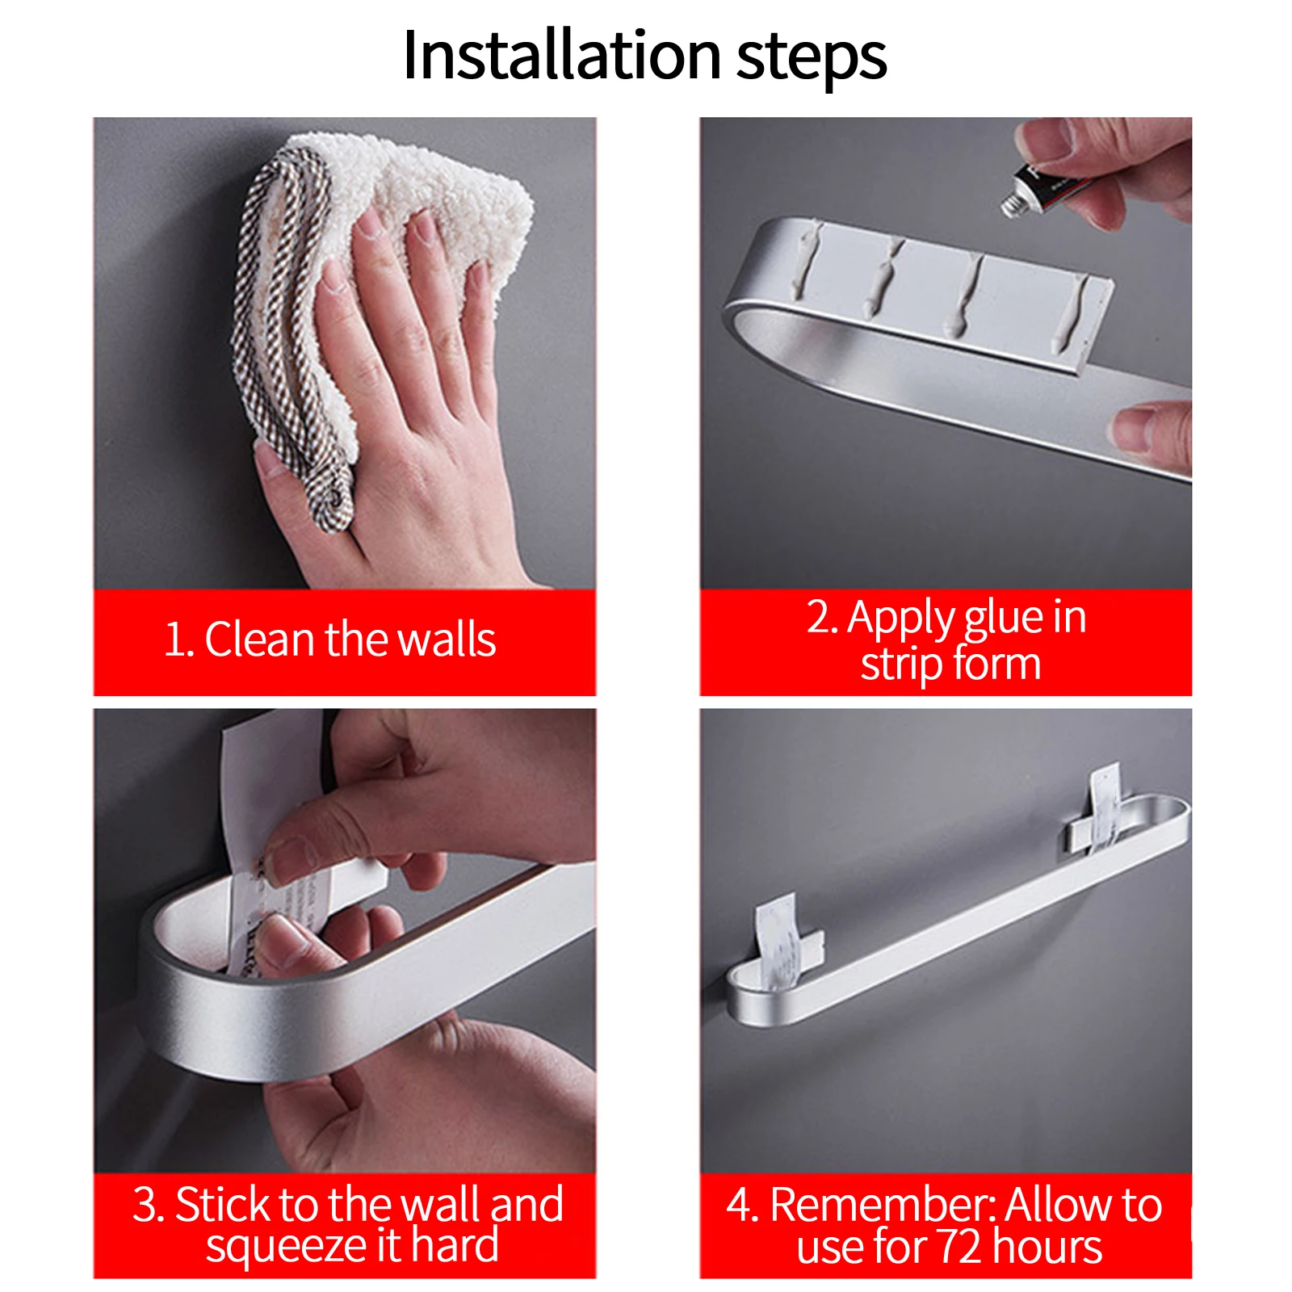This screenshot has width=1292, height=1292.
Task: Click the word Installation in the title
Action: coord(561,55)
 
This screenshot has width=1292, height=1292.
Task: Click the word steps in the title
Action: coord(812,58)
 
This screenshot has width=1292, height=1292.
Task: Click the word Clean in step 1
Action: coord(259,640)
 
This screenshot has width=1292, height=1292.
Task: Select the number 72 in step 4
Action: coord(958,1246)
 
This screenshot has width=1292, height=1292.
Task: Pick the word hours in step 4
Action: coord(1047,1246)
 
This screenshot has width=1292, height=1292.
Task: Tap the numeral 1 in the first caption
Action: coord(173,640)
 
